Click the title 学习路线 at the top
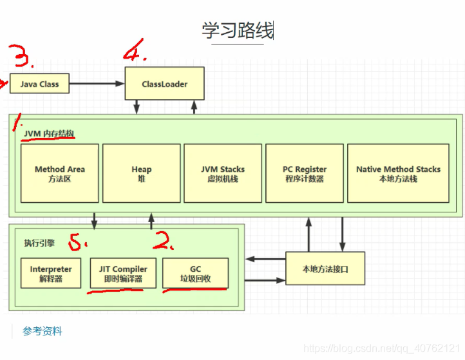237,30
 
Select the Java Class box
39,84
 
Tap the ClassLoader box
165,84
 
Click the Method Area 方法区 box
60,173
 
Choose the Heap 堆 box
141,173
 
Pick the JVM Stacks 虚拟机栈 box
223,173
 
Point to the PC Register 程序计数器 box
304,173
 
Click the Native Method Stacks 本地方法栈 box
398,173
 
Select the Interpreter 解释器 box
51,274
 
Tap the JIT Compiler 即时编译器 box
122,274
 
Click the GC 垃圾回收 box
195,274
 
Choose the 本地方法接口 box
325,269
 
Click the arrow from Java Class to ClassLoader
97,84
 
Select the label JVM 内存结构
49,133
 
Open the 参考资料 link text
43,331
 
